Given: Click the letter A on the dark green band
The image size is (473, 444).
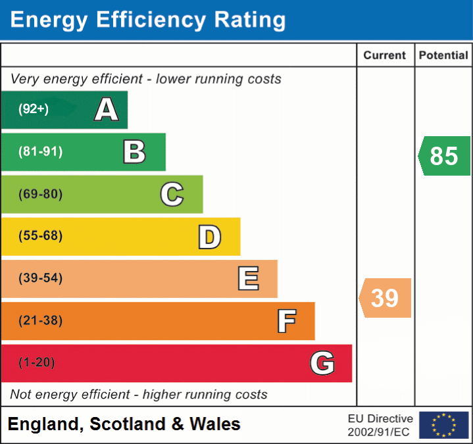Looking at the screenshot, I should click(x=107, y=110).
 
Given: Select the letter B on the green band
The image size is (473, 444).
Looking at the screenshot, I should click(x=134, y=152).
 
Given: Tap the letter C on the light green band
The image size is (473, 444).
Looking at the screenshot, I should click(x=172, y=194).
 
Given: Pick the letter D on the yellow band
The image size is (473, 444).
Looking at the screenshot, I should click(x=209, y=237).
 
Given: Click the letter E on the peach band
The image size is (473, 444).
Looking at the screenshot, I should click(x=248, y=279).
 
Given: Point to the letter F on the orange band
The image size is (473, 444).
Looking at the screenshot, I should click(x=286, y=321).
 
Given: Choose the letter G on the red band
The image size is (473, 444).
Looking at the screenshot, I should click(x=322, y=363).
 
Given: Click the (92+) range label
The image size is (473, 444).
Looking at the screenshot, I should click(x=34, y=109).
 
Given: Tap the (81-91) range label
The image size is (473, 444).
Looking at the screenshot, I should click(x=40, y=152).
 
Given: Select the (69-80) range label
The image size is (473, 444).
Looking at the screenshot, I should click(x=40, y=194).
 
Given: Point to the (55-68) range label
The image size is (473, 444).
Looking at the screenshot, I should click(x=40, y=236).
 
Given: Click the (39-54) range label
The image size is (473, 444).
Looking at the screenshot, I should click(x=40, y=278).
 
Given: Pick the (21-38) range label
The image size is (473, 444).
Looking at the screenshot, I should click(x=40, y=321).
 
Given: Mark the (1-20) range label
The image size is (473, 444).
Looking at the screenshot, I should click(x=37, y=363).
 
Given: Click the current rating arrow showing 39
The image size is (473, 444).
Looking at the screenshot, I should click(x=386, y=298).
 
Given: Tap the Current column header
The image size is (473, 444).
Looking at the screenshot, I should click(x=385, y=56).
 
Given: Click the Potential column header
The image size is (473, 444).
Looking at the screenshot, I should click(x=443, y=56).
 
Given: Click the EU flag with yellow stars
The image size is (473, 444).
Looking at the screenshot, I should click(x=443, y=425).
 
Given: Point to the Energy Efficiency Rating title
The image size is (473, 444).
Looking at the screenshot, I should click(x=148, y=20).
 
